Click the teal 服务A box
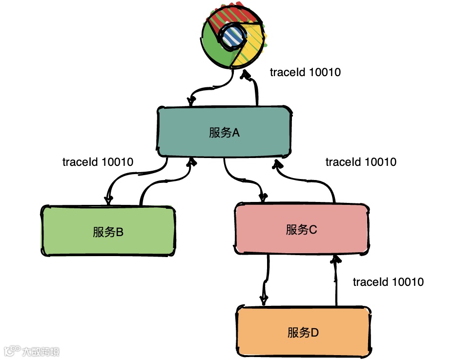224,132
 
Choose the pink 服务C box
301,229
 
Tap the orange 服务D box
303,332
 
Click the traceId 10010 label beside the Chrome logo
305,72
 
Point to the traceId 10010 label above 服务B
98,162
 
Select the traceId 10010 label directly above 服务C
361,162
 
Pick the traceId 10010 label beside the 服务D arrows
388,282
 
